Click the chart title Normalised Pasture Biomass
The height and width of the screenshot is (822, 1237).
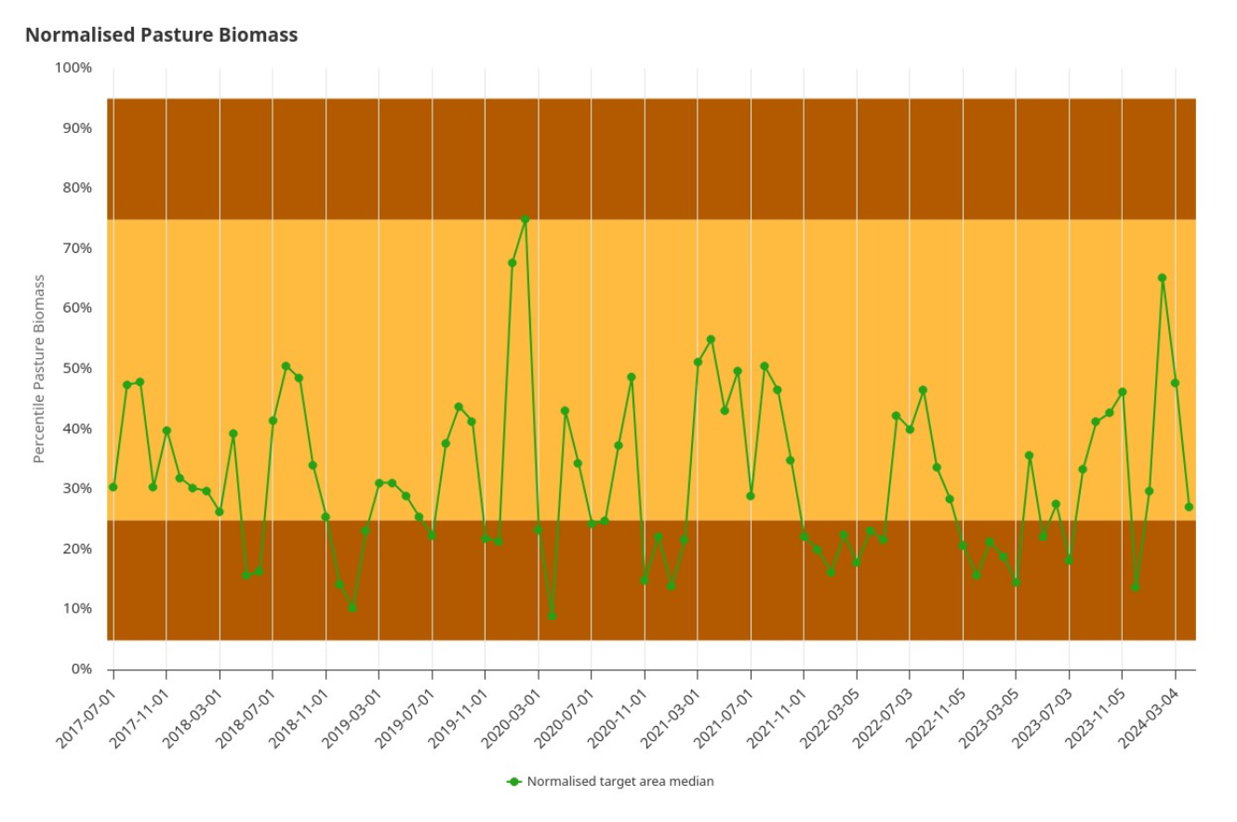pos(161,35)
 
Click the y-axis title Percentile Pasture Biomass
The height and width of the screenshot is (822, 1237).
pos(39,368)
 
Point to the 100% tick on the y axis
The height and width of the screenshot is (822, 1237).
pos(73,68)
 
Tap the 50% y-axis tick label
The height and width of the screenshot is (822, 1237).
pos(76,368)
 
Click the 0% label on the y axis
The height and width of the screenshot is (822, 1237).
pos(81,669)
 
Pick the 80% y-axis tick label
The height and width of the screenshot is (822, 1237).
pos(76,188)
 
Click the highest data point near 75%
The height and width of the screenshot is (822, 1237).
pos(525,219)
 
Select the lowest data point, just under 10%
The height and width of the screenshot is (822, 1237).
pos(552,616)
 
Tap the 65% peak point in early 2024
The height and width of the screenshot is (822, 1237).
pos(1162,278)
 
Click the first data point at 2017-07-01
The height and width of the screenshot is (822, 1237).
pos(113,487)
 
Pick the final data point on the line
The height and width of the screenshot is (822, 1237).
pos(1189,507)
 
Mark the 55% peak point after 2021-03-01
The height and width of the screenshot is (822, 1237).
pos(711,339)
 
